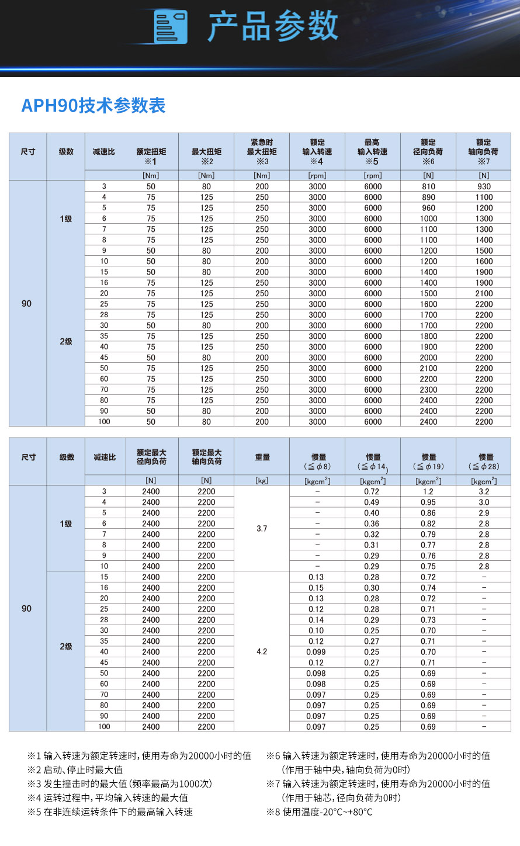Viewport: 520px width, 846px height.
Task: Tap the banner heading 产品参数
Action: point(273,26)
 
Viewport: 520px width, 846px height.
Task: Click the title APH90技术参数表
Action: point(93,106)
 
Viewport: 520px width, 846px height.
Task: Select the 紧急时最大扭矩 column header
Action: point(262,151)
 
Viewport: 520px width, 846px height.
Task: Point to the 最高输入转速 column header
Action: point(373,151)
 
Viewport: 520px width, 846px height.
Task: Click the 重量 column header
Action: point(262,457)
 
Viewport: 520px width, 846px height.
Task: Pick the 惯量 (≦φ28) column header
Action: point(484,461)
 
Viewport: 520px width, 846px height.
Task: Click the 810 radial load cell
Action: point(428,186)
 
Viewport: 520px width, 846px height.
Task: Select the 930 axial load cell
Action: point(484,186)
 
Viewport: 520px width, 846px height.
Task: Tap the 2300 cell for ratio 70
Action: point(428,390)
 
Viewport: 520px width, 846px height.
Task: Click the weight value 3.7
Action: point(262,529)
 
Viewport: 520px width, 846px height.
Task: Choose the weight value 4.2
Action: point(262,651)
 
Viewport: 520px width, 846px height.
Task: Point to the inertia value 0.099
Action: point(316,652)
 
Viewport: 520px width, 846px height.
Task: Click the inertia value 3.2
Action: point(484,491)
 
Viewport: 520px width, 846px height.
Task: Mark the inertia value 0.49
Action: point(372,502)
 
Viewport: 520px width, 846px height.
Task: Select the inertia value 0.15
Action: point(316,588)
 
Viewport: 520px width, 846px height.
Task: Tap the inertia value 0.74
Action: point(428,588)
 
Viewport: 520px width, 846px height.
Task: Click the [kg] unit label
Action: point(262,480)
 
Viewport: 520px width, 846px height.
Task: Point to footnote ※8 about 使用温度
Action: point(320,812)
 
